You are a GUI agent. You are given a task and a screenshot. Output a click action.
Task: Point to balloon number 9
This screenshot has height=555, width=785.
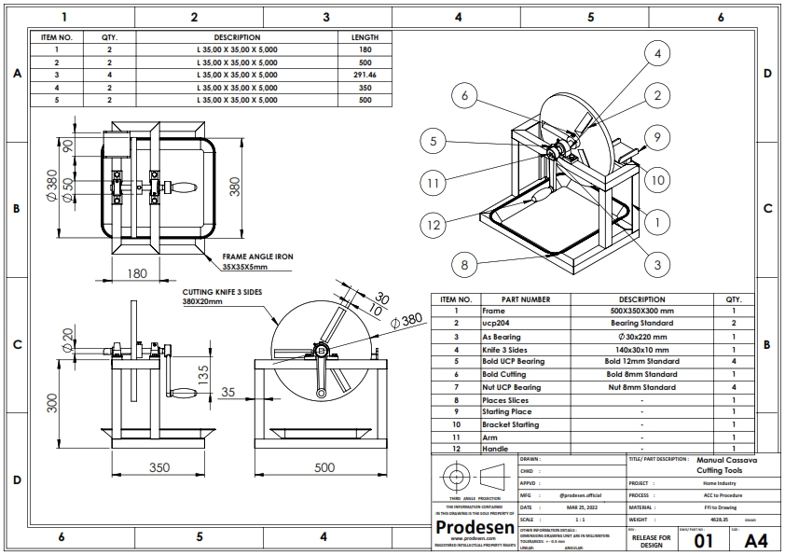click(657, 137)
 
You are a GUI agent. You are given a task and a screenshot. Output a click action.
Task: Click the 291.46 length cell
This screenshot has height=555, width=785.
click(365, 75)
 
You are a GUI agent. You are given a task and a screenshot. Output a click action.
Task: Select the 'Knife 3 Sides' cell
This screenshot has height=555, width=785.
click(507, 348)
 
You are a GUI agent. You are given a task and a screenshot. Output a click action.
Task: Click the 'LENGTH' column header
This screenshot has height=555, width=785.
click(365, 37)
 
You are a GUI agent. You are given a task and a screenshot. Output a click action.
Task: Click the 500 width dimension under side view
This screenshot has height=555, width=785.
click(324, 466)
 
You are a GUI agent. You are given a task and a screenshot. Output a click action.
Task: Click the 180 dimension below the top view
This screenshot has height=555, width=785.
click(136, 273)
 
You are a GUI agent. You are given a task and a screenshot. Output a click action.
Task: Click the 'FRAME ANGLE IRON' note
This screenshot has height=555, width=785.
click(251, 257)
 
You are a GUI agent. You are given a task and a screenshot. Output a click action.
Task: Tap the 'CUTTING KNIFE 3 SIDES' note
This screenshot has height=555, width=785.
click(223, 292)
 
